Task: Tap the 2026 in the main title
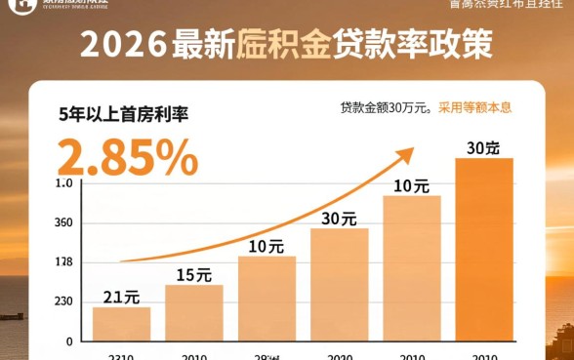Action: [121, 45]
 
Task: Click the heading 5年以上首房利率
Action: [123, 114]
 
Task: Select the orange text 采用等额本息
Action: [475, 107]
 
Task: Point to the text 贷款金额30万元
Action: [386, 107]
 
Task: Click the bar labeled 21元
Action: [121, 323]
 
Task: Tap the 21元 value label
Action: [121, 296]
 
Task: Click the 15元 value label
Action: [193, 274]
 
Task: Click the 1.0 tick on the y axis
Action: [64, 183]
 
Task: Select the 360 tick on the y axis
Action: [64, 222]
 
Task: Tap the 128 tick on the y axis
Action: [64, 262]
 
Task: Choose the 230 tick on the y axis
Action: [64, 302]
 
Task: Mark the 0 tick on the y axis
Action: [69, 341]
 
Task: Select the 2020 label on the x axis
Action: [339, 356]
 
